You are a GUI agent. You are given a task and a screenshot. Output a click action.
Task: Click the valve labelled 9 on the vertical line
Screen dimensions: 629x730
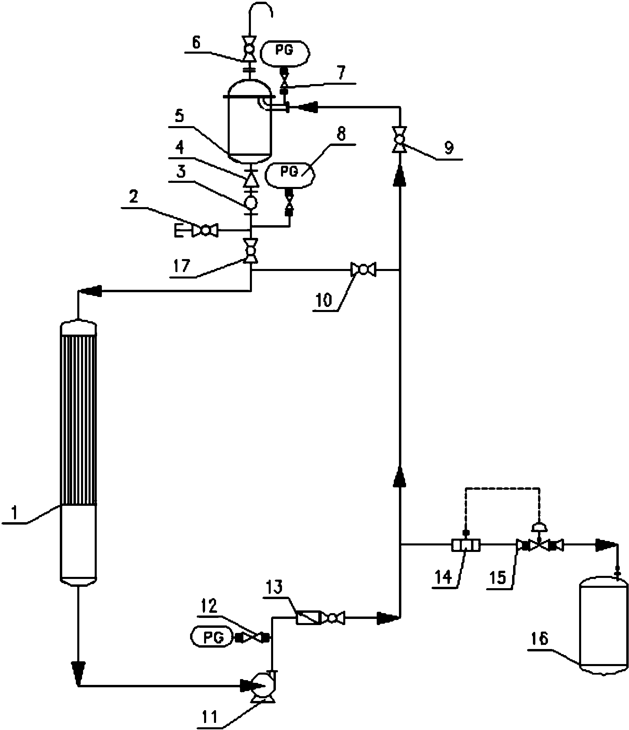tap(399, 139)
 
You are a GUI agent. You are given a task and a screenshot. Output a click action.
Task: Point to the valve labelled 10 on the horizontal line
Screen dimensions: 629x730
tap(363, 270)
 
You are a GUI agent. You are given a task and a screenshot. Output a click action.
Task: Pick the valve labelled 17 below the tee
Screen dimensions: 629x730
tap(251, 251)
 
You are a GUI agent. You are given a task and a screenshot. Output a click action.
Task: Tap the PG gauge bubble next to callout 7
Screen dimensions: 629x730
tap(285, 54)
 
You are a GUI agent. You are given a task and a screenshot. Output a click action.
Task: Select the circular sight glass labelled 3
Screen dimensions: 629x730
tap(251, 203)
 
